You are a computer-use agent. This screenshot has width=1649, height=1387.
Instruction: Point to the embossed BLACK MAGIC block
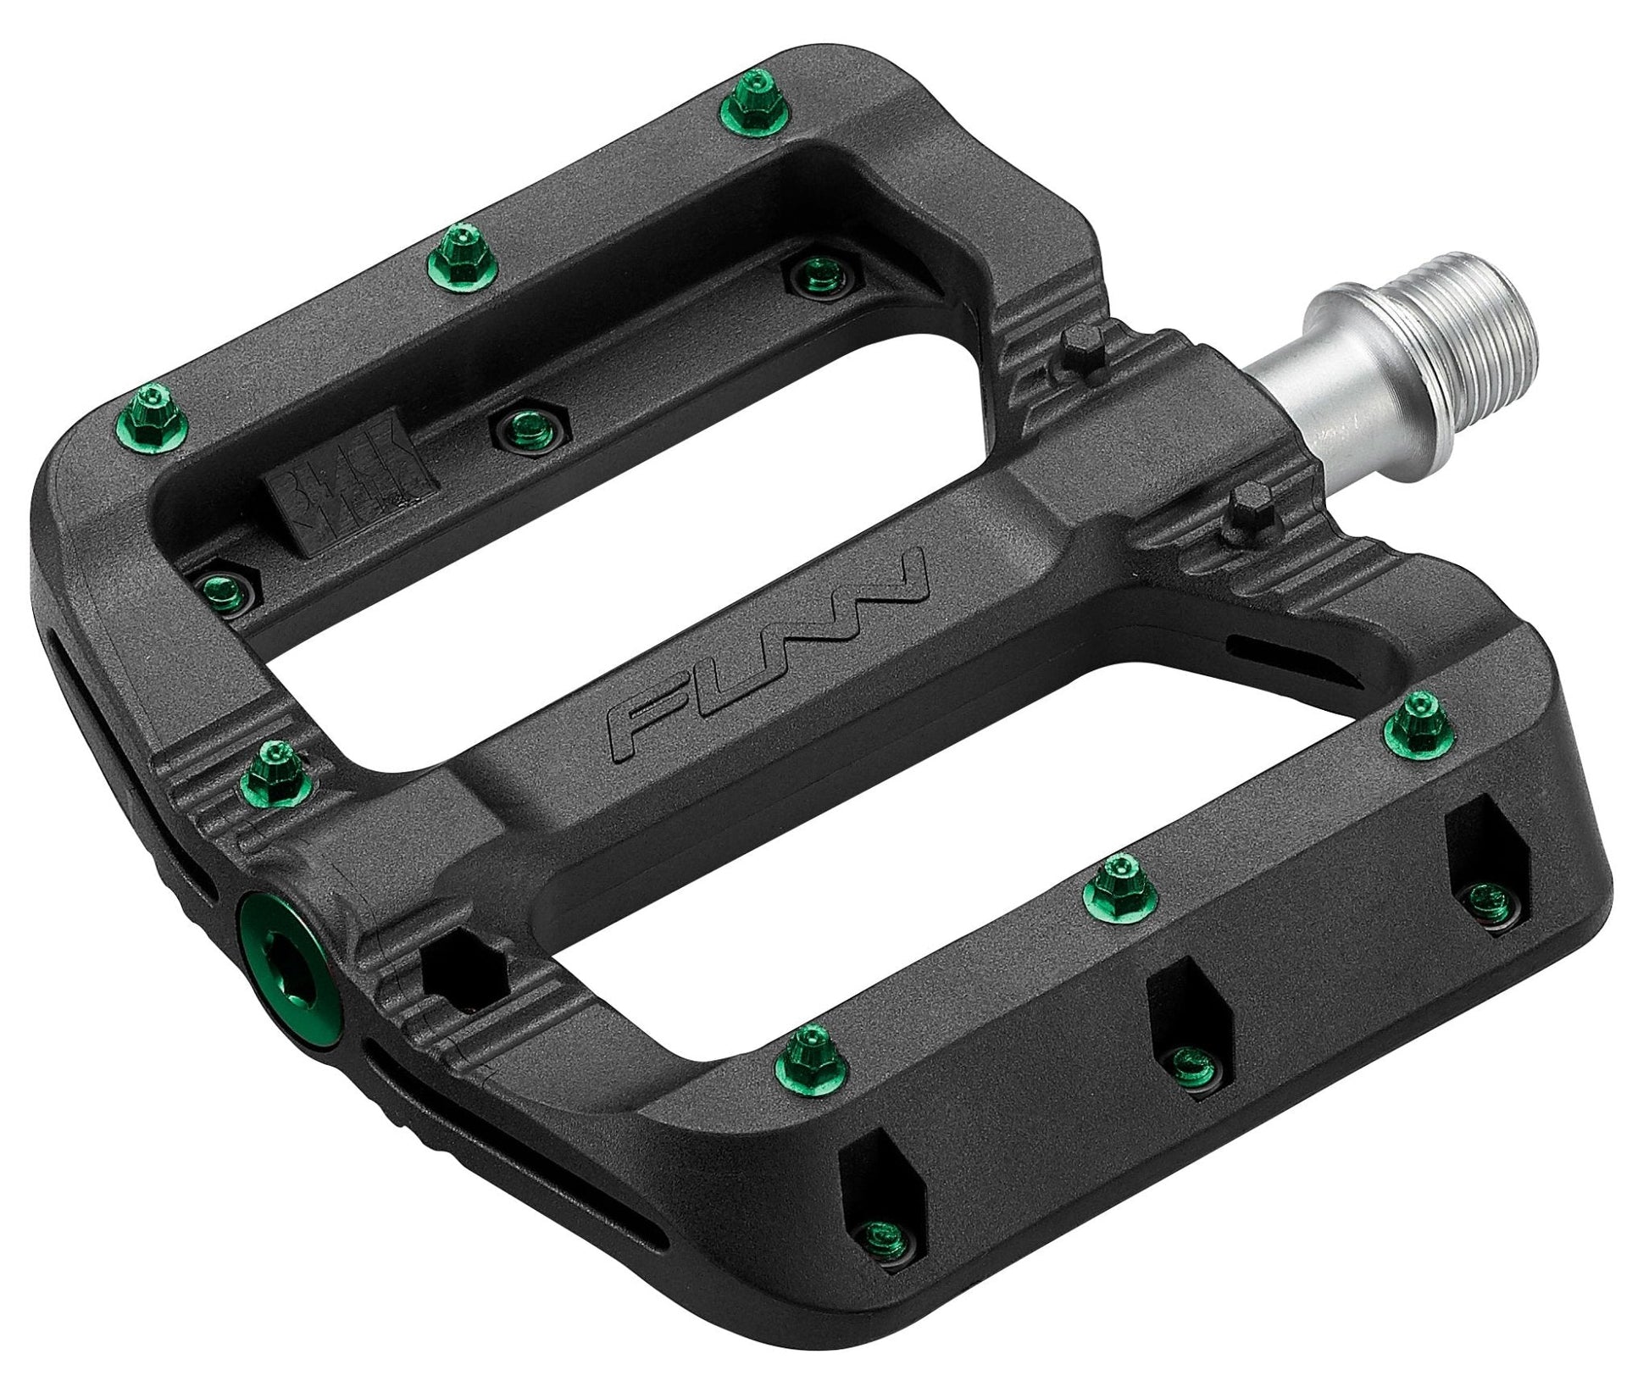coord(352,481)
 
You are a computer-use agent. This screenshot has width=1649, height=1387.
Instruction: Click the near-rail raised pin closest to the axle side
coord(1424,721)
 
